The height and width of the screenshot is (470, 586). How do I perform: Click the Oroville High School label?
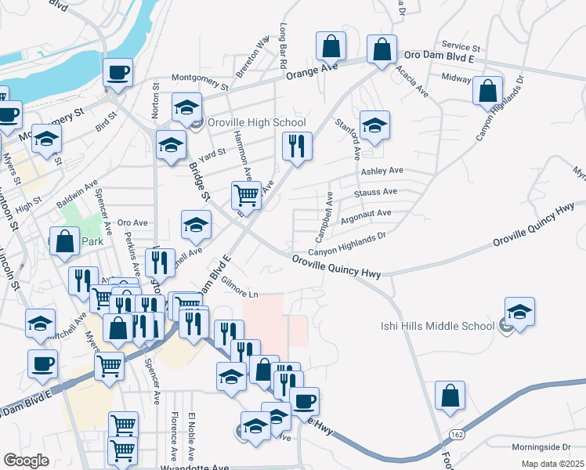(255, 122)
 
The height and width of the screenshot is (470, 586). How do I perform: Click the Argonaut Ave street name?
(365, 213)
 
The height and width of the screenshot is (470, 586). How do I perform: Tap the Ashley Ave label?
(382, 171)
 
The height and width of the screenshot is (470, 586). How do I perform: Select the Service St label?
(460, 47)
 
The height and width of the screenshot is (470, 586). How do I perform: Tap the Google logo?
(26, 461)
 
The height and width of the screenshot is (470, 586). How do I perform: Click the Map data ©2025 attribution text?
(552, 464)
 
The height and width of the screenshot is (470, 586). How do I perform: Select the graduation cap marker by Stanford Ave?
(374, 126)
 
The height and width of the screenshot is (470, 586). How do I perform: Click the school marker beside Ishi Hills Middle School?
(520, 313)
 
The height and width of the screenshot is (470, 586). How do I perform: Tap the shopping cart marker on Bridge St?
(247, 196)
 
